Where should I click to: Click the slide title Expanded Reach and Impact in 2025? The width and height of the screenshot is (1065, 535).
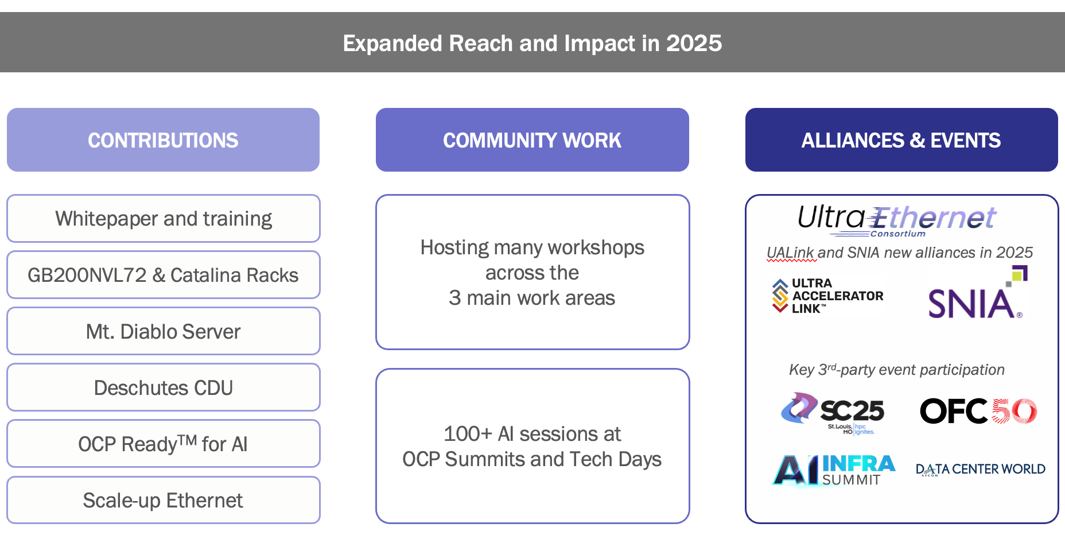pos(532,44)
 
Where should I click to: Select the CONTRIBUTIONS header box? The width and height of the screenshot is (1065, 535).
pos(163,140)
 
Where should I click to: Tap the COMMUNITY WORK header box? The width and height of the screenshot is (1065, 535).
pos(532,140)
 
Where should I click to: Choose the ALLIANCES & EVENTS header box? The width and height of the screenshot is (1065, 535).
pos(901,140)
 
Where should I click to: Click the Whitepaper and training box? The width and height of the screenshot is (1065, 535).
pos(163,219)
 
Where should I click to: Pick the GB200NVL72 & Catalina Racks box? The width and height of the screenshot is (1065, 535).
pos(163,275)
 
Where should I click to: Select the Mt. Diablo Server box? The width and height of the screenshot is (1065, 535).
pos(163,331)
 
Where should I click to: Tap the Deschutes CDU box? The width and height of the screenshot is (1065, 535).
pos(163,387)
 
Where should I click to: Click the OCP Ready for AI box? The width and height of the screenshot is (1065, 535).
pos(163,444)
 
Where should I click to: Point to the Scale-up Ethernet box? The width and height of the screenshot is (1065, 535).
pos(163,500)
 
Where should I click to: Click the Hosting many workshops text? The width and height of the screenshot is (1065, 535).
pos(532,272)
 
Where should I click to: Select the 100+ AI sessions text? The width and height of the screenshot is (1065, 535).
pos(532,446)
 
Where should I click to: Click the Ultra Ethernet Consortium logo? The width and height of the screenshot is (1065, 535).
pos(896,220)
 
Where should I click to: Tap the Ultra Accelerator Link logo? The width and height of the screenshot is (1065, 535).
pos(828,295)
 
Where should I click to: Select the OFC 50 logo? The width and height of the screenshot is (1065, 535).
pos(978,411)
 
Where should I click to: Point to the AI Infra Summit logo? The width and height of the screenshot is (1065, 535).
pos(834,470)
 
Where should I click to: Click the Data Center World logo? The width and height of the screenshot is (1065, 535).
pos(980,469)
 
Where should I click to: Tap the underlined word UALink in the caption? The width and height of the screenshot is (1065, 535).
pos(790,253)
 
